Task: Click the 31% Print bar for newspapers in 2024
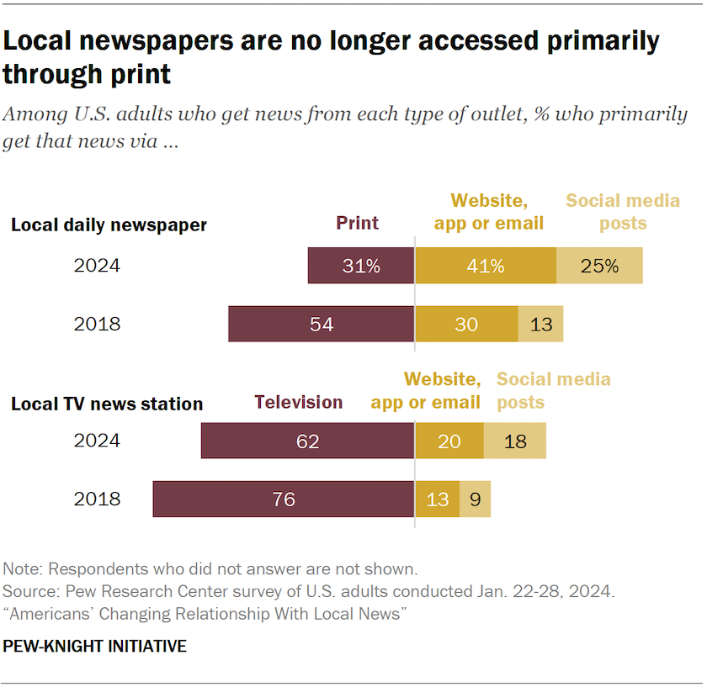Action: click(361, 266)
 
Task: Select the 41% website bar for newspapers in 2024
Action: click(486, 266)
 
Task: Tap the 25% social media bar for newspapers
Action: click(599, 266)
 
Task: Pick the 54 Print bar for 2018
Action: click(322, 324)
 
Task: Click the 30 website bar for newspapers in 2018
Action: click(466, 324)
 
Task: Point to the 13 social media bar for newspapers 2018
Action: click(540, 324)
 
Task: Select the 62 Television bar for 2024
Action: click(308, 441)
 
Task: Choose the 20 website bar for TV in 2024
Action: click(449, 441)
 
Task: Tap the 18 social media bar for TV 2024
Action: click(515, 441)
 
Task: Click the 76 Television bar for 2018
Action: click(284, 499)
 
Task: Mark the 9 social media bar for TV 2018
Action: click(475, 499)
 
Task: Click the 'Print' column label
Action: click(358, 223)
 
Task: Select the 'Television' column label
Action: click(299, 402)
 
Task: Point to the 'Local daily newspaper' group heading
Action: click(109, 225)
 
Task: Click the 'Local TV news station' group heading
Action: click(107, 404)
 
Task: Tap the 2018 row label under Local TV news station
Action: click(97, 499)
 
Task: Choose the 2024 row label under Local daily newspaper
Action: click(97, 266)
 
